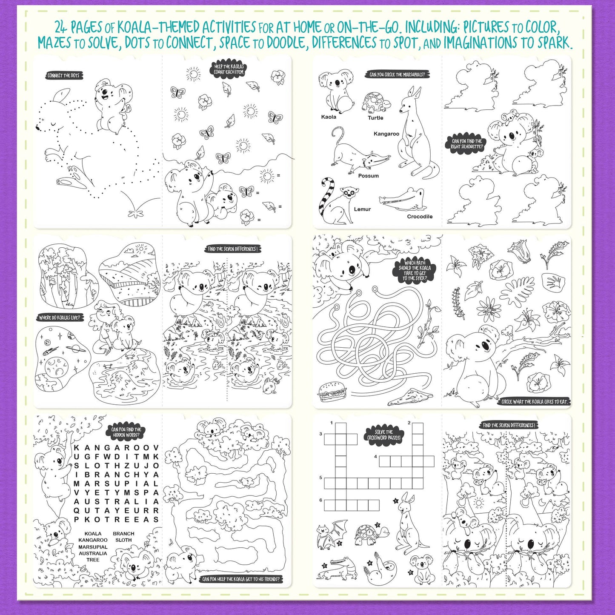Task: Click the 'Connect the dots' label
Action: [x=63, y=76]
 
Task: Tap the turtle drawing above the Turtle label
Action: [x=376, y=103]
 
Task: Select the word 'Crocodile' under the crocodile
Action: [x=420, y=217]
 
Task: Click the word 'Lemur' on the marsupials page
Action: [x=362, y=209]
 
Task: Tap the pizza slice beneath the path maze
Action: [x=404, y=398]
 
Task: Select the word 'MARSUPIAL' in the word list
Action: [x=93, y=547]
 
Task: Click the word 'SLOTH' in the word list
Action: [x=123, y=540]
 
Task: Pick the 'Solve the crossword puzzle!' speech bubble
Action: [x=383, y=435]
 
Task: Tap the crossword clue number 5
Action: [x=321, y=478]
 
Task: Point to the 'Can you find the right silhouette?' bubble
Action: [x=467, y=144]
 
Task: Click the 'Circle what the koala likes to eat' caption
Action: [x=535, y=401]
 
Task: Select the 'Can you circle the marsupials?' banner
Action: [x=397, y=75]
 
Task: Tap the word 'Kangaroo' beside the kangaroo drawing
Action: [x=386, y=134]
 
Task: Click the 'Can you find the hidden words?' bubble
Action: [x=126, y=432]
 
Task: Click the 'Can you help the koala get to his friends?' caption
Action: [x=241, y=579]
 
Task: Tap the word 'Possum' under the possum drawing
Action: [x=368, y=176]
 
